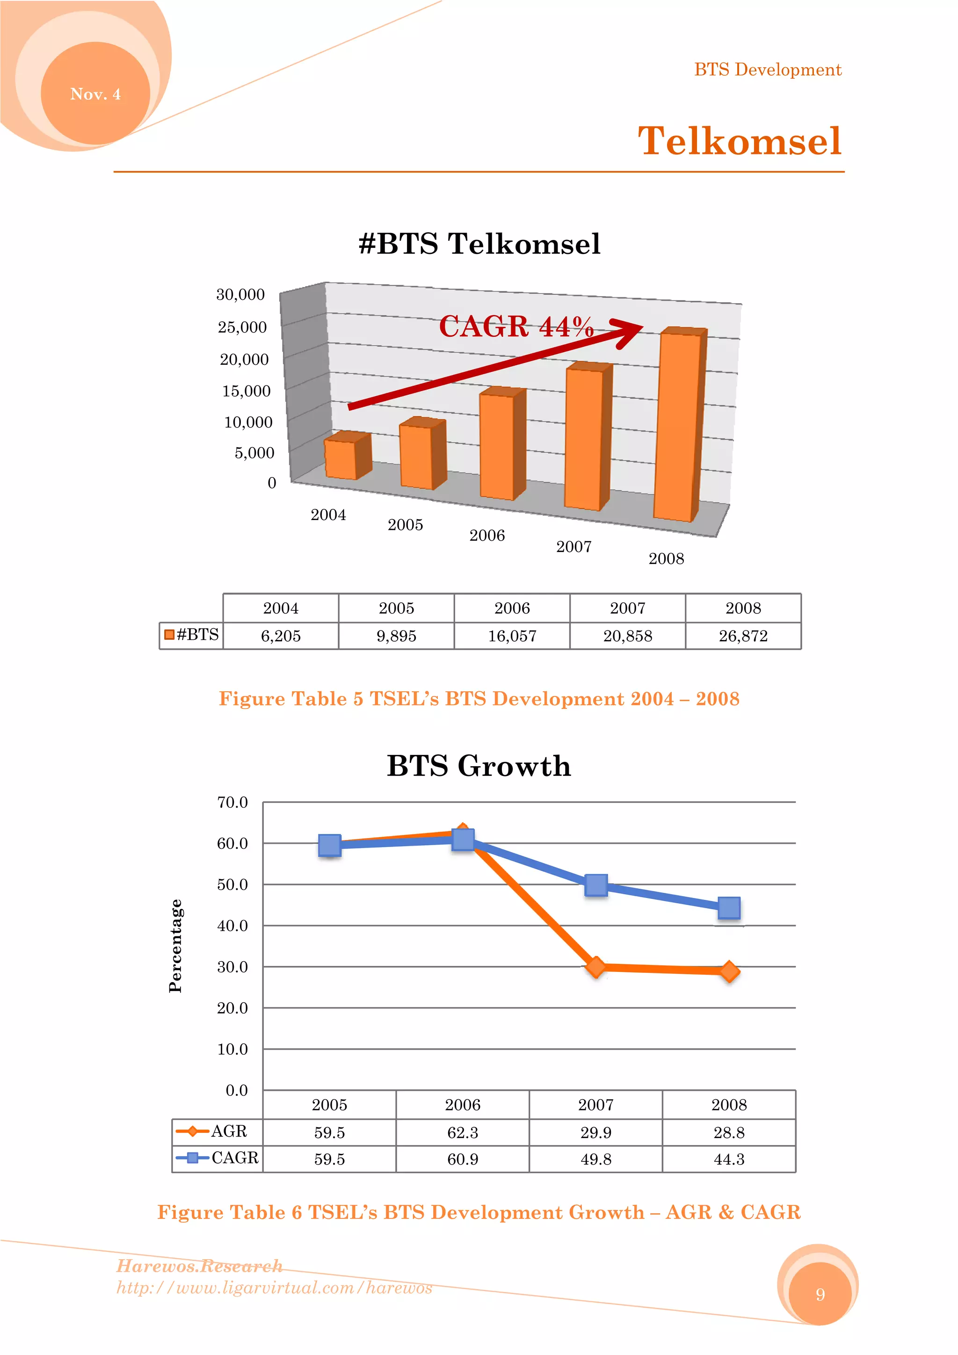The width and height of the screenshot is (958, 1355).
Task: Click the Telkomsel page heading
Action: pyautogui.click(x=739, y=142)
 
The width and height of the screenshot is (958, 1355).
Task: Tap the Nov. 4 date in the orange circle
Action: pyautogui.click(x=95, y=94)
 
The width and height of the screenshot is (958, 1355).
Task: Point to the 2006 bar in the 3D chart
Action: pyautogui.click(x=498, y=446)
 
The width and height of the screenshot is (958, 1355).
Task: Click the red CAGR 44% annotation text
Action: pyautogui.click(x=516, y=326)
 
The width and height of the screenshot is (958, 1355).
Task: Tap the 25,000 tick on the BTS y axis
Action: pyautogui.click(x=242, y=327)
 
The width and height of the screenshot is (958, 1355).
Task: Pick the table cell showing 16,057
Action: pyautogui.click(x=512, y=636)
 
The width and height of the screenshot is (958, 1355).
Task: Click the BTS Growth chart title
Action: pyautogui.click(x=479, y=766)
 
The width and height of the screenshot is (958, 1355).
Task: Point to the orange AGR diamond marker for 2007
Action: pyautogui.click(x=596, y=967)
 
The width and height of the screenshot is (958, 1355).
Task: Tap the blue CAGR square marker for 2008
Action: pyautogui.click(x=729, y=908)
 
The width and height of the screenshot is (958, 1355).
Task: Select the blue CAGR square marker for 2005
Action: pyautogui.click(x=329, y=845)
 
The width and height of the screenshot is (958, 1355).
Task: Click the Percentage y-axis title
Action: pyautogui.click(x=175, y=946)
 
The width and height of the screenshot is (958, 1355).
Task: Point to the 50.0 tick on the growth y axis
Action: pyautogui.click(x=232, y=884)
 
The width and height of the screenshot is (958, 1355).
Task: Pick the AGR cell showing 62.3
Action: pyautogui.click(x=462, y=1132)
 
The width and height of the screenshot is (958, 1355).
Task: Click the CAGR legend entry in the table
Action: pyautogui.click(x=217, y=1158)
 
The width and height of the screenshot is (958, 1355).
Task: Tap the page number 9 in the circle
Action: pyautogui.click(x=820, y=1295)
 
